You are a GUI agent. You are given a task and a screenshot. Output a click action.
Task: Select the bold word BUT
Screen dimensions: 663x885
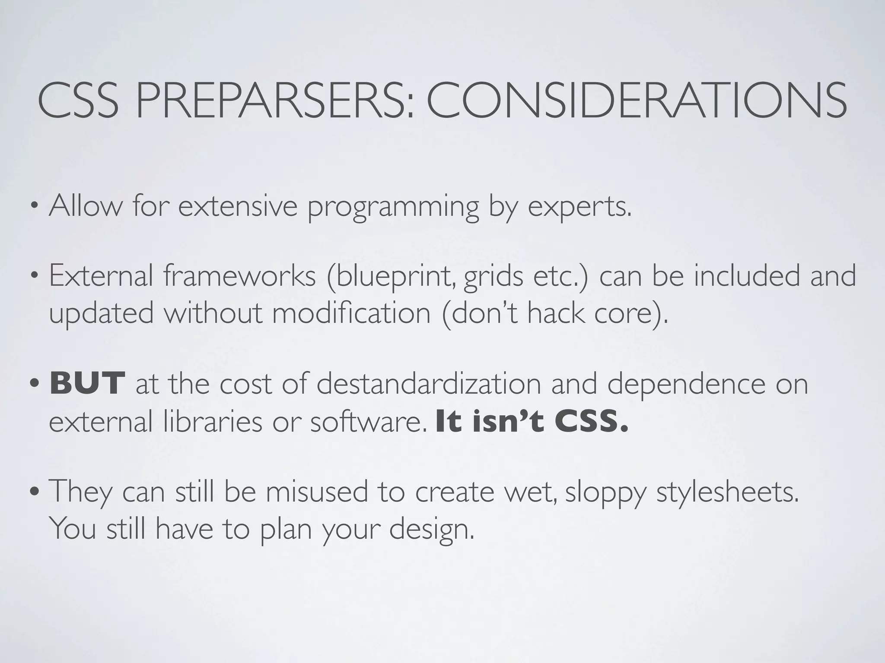(88, 383)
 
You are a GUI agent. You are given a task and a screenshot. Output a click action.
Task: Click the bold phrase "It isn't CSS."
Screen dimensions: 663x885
(532, 422)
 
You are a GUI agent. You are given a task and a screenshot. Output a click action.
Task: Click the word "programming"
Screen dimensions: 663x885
(393, 207)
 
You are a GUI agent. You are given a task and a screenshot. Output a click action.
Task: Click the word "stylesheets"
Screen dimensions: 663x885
(727, 492)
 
